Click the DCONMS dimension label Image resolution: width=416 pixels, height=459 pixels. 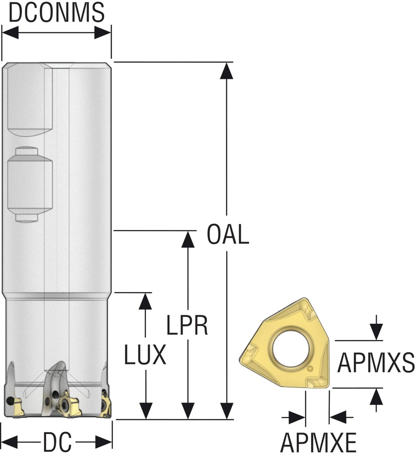click(57, 13)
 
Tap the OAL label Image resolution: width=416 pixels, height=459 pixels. click(228, 235)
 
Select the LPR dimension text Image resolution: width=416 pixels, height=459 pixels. click(187, 325)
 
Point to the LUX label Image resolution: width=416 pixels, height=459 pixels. click(145, 356)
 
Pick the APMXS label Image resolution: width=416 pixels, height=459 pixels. click(376, 363)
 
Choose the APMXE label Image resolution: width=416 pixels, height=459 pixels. click(318, 444)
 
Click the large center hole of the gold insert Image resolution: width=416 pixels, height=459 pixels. click(292, 347)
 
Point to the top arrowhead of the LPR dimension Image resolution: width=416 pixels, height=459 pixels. click(188, 239)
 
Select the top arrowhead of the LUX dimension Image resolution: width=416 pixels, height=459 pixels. click(145, 301)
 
